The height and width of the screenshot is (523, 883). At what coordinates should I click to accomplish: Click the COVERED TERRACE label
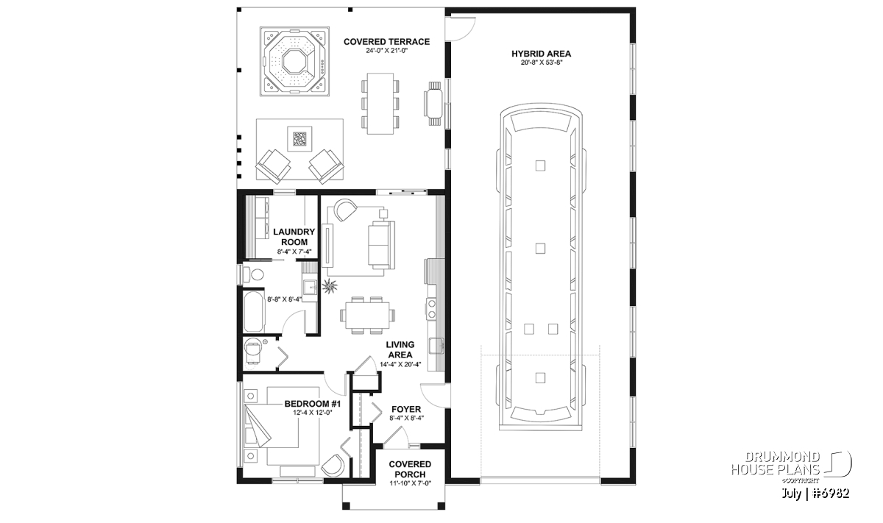(386, 42)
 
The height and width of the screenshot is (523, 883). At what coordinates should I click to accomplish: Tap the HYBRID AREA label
(541, 54)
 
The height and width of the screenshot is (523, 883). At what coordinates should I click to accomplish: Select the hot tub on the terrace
(294, 61)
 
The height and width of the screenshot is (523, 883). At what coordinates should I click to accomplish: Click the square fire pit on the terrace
(299, 138)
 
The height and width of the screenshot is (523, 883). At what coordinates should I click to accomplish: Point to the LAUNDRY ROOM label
(294, 237)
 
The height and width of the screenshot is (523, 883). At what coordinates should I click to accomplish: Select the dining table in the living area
(367, 315)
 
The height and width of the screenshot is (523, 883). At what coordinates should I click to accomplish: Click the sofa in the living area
(381, 245)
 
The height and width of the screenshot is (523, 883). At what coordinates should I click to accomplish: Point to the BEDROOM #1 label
(312, 404)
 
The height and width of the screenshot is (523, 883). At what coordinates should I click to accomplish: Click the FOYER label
(406, 410)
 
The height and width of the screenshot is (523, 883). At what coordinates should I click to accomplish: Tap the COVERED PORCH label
(410, 469)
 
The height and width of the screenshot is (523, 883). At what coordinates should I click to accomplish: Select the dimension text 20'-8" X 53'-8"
(541, 63)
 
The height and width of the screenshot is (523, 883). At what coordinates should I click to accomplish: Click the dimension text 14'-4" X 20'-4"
(400, 365)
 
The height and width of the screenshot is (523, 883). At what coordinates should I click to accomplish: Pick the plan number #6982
(831, 494)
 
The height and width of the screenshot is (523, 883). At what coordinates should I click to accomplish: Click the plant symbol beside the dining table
(330, 285)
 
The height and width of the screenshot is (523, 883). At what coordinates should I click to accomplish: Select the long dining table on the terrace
(380, 104)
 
